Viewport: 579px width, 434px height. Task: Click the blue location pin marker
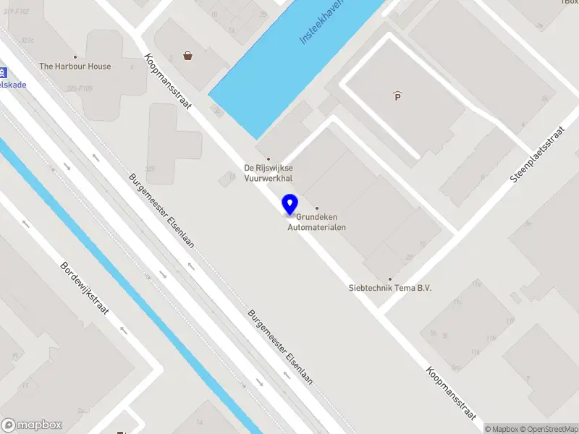pos(290,205)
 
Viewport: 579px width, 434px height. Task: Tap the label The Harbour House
pos(75,67)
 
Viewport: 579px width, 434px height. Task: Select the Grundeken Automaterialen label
pos(316,222)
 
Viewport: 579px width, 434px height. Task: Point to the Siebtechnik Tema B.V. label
pos(389,288)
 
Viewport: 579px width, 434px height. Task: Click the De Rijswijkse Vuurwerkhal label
pos(269,173)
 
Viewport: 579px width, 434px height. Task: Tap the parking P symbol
pos(397,95)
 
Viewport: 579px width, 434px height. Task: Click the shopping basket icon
pos(187,55)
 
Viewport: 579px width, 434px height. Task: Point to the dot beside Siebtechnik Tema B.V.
pos(389,278)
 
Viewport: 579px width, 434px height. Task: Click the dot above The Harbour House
pos(75,56)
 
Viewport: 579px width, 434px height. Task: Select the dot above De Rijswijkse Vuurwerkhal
pos(269,158)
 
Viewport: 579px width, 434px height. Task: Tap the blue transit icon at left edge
pos(3,72)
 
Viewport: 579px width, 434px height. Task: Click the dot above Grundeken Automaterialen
pos(316,208)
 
